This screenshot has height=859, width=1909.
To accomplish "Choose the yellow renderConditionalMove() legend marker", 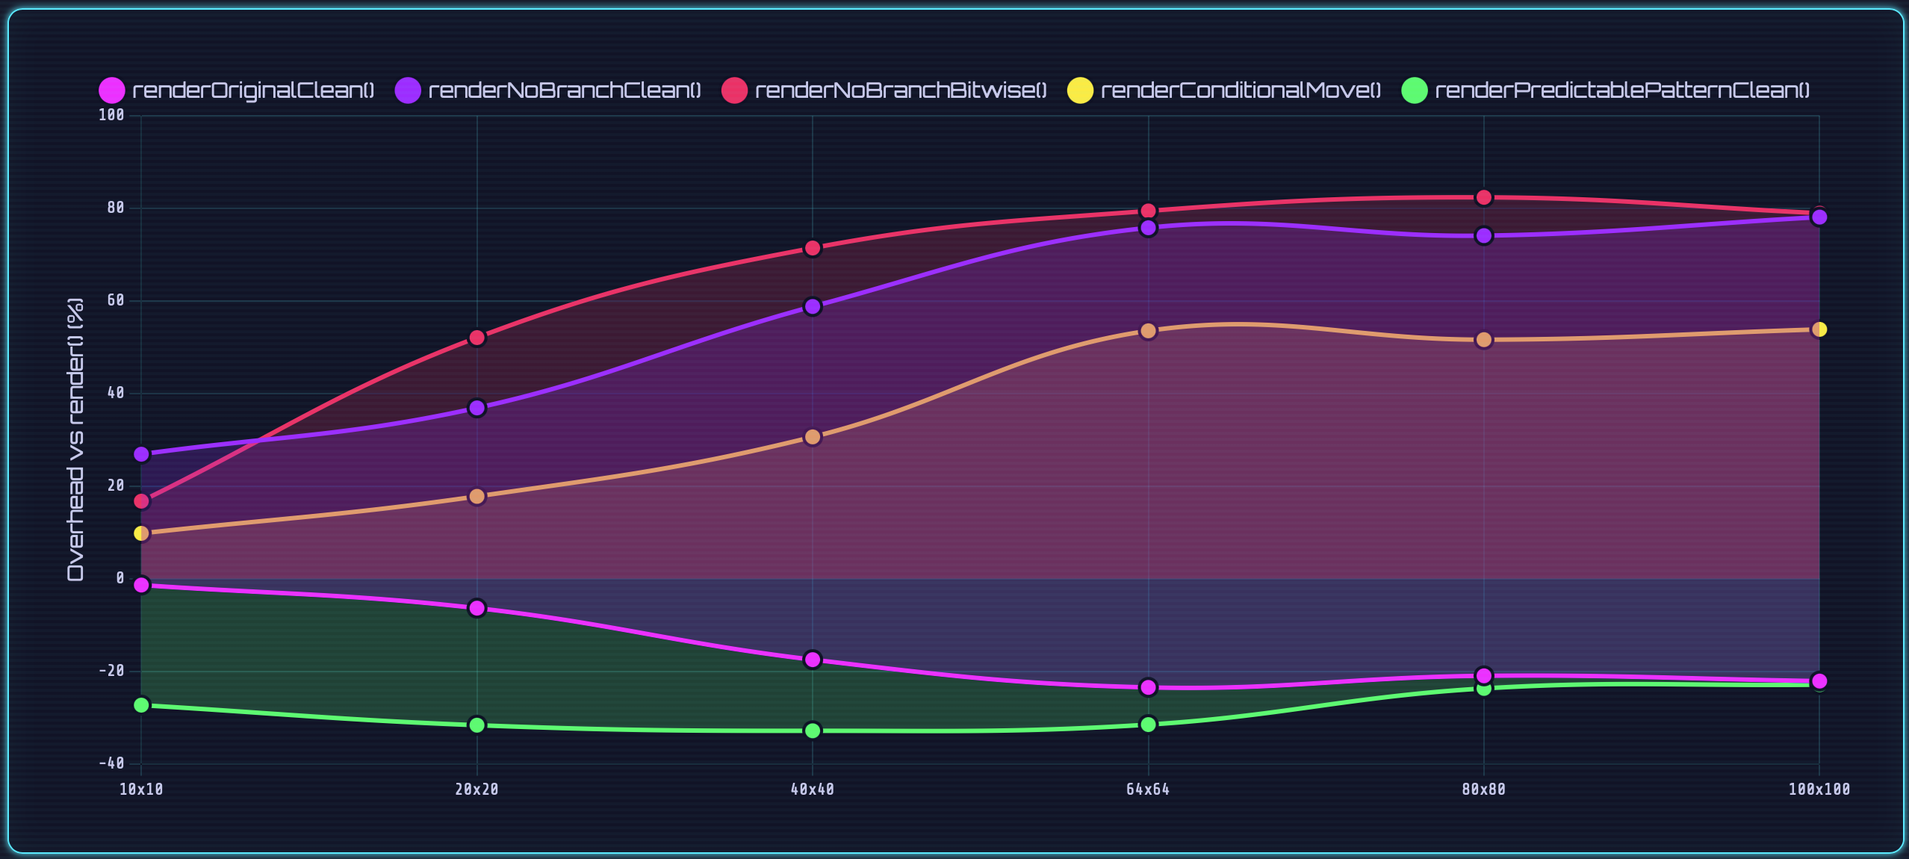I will point(1080,90).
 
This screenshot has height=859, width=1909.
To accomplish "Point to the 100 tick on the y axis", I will point(111,115).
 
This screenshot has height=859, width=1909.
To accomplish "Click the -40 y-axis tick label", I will point(111,763).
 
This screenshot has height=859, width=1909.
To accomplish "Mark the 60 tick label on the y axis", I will point(115,300).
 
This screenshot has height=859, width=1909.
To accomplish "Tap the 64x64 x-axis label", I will point(1148,790).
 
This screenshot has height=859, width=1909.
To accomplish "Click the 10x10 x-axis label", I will point(141,790).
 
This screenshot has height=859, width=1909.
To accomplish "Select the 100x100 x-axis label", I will point(1819,790).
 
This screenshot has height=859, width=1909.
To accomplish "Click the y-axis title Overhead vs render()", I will point(75,439).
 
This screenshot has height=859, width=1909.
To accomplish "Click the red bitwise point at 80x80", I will point(1484,198).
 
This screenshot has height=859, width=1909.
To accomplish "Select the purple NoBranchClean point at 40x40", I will point(813,307).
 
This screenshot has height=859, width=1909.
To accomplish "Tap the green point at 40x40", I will point(813,731).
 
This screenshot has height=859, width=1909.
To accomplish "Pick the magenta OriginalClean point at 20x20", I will point(477,609).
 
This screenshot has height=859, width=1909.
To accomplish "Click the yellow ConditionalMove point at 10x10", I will point(141,533).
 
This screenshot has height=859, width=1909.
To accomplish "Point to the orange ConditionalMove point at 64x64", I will point(1148,331).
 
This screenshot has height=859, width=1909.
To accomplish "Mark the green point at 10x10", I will point(141,705).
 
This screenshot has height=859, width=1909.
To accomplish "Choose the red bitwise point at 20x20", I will point(477,338).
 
